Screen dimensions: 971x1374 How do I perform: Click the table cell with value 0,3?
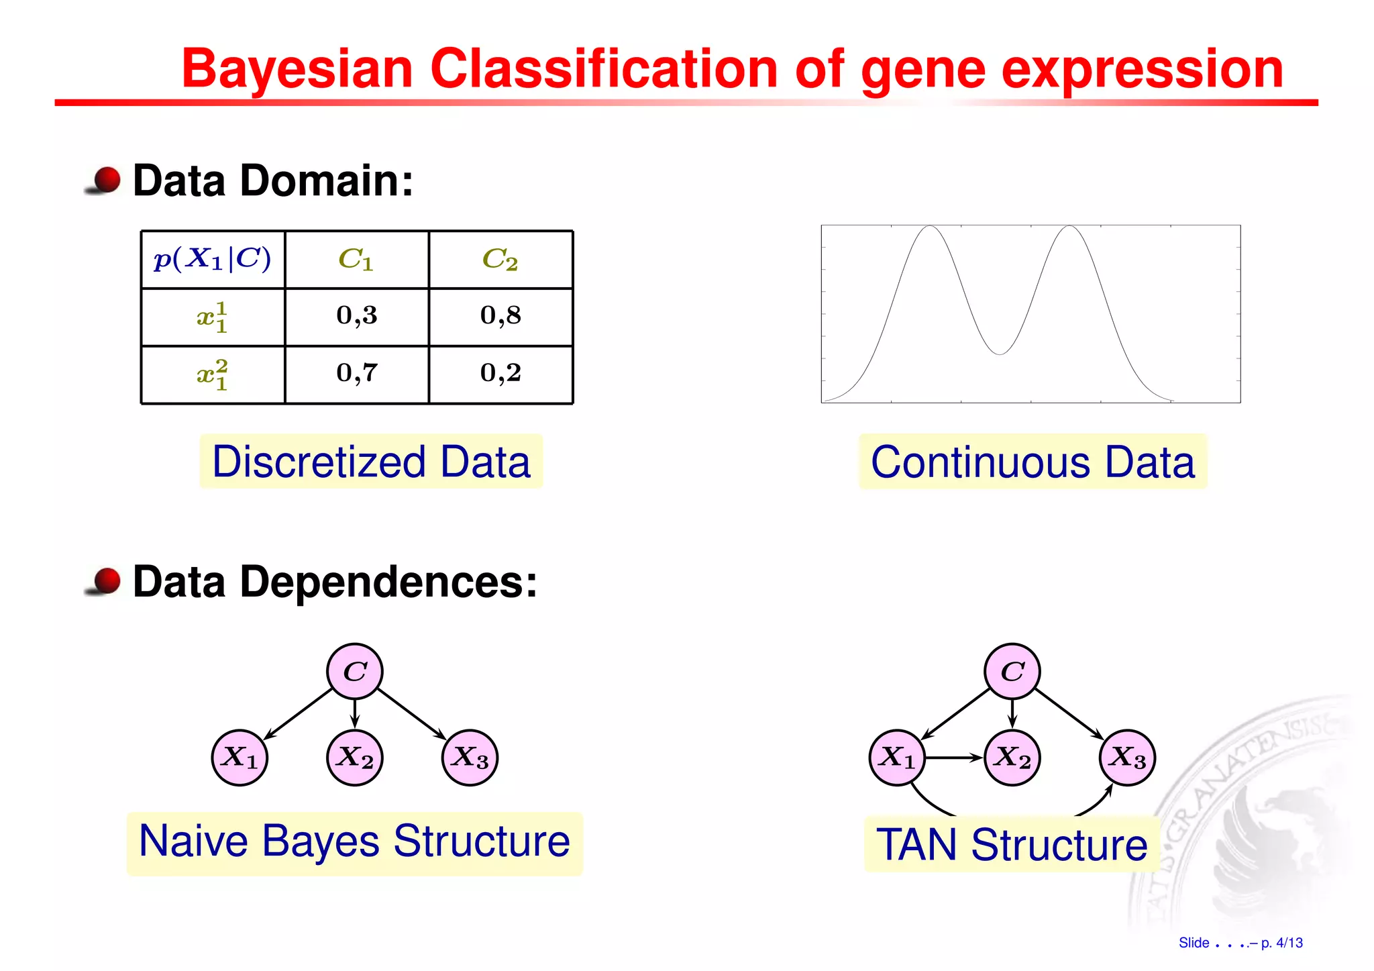click(357, 315)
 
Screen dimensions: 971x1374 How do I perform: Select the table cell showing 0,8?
click(500, 315)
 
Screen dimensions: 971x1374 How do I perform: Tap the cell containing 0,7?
click(357, 373)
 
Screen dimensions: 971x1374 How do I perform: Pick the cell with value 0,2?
click(500, 373)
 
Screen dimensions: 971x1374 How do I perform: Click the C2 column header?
click(500, 259)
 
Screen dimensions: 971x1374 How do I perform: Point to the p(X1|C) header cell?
click(213, 259)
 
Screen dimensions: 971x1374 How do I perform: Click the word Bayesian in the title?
click(297, 68)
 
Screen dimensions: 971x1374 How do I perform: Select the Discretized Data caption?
click(371, 462)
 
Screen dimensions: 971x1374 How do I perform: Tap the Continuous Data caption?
click(1033, 462)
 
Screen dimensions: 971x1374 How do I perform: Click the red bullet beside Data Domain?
click(106, 180)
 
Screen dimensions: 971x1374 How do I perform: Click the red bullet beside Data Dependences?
click(106, 580)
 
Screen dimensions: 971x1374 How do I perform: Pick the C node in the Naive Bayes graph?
click(355, 671)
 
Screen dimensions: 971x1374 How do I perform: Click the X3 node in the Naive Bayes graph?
click(470, 758)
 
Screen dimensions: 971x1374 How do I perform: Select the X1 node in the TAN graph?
click(897, 758)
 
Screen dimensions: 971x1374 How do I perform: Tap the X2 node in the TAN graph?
click(1012, 758)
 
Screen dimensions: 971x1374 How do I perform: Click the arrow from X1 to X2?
click(954, 758)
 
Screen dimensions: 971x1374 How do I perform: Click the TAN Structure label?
click(1012, 844)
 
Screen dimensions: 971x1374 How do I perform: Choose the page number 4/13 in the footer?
click(1289, 943)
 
